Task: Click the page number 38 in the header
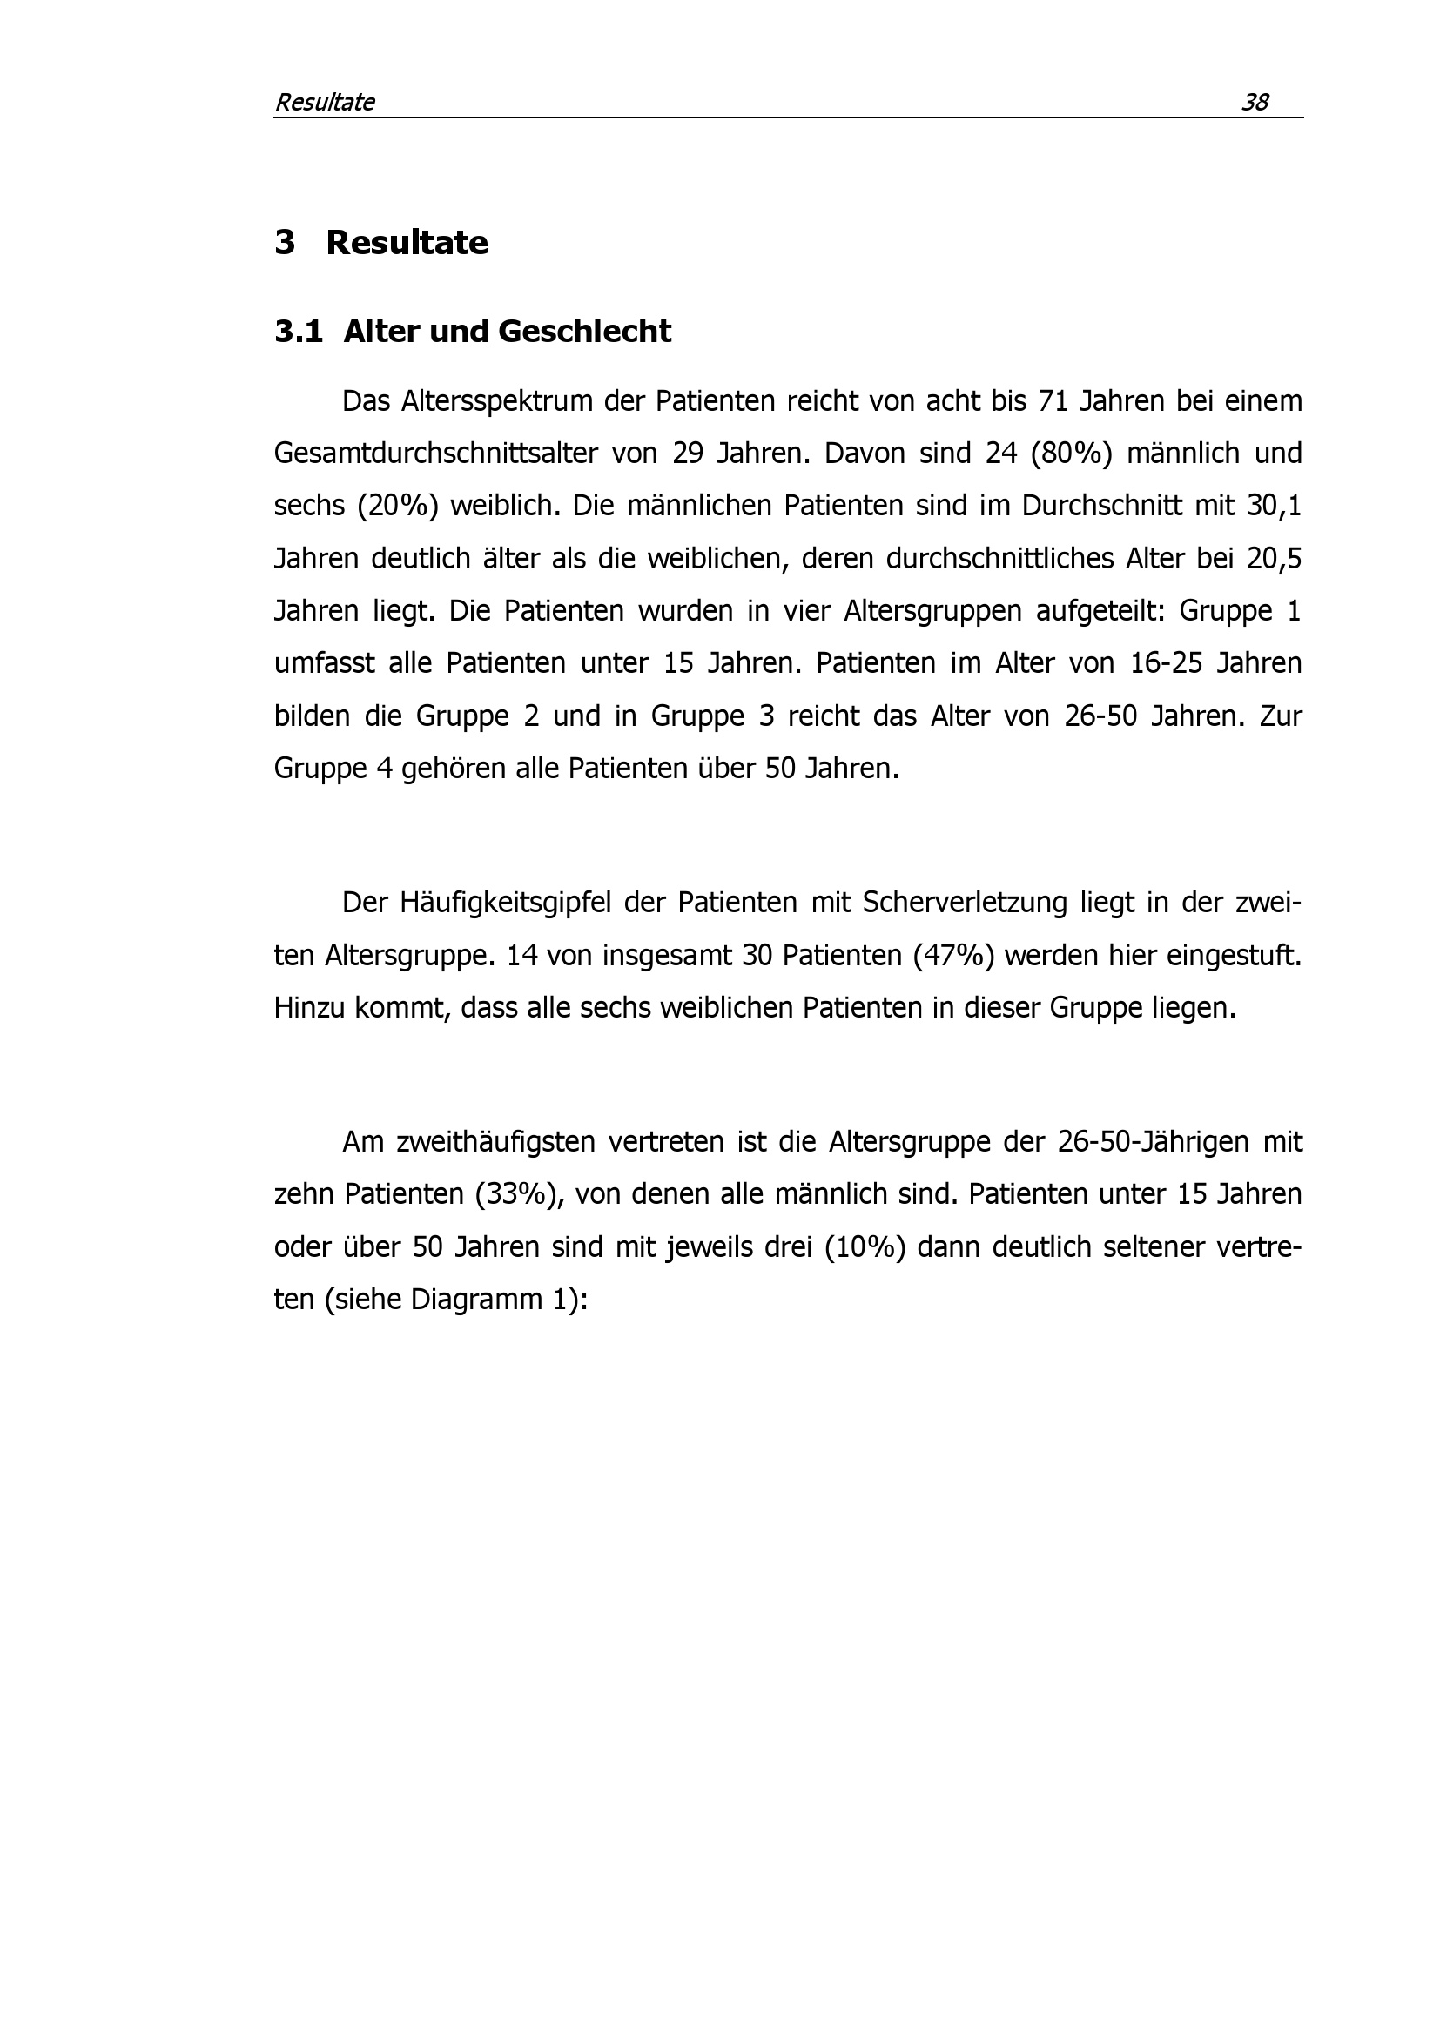[1255, 103]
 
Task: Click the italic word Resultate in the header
[325, 103]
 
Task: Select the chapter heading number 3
[285, 243]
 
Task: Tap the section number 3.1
[298, 332]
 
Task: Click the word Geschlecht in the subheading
[584, 332]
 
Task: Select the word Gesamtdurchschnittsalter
[435, 454]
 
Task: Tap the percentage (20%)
[398, 507]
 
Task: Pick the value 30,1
[1275, 507]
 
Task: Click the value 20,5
[1275, 559]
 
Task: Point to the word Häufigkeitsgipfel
[505, 903]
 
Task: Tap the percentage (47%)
[928, 956]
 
